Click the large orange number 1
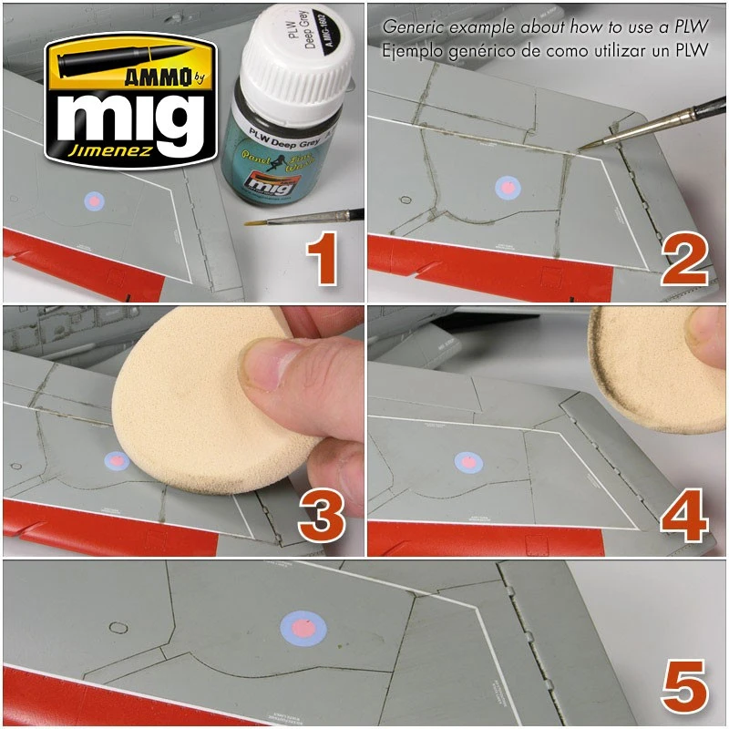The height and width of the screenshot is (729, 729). point(324,258)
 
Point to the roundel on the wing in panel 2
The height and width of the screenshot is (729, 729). point(506,188)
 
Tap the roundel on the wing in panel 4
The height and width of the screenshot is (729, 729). point(467,462)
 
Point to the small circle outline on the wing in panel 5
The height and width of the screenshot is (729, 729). point(117,627)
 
